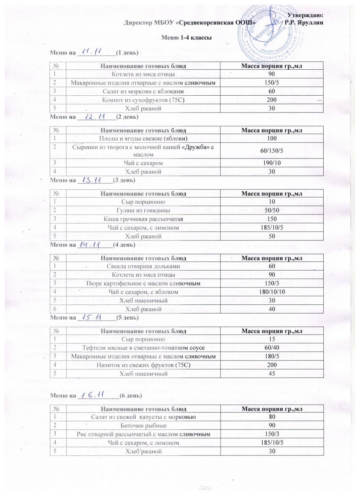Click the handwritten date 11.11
[90, 52]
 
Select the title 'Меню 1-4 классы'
[180, 38]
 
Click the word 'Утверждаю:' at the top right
[307, 15]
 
